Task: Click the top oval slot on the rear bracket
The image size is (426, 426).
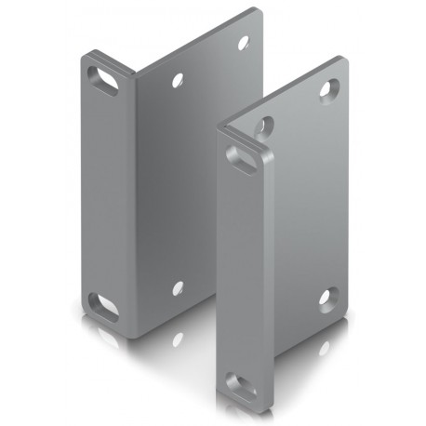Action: click(x=103, y=79)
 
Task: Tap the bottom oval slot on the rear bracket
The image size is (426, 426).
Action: click(x=102, y=306)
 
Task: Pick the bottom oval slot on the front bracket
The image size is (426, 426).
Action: click(x=240, y=386)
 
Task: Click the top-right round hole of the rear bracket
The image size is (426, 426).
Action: click(x=244, y=43)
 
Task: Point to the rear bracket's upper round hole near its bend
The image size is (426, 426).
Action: click(x=177, y=81)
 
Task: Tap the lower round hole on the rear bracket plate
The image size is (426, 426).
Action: click(x=177, y=288)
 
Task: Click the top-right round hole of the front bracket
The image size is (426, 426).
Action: click(x=329, y=90)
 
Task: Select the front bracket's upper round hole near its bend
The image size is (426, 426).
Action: click(x=265, y=125)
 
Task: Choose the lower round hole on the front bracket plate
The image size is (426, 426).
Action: click(x=327, y=300)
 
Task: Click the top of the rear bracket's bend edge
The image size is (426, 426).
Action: click(x=135, y=72)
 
